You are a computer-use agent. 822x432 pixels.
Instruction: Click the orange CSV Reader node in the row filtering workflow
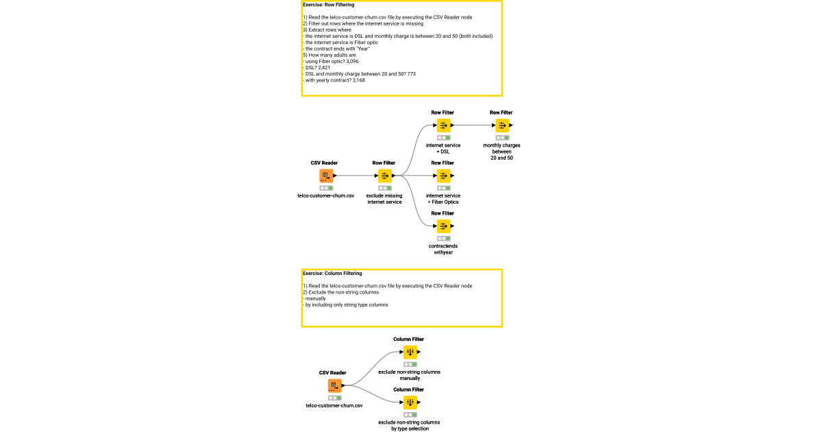[325, 176]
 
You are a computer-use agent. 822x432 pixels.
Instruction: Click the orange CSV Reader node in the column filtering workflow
[334, 385]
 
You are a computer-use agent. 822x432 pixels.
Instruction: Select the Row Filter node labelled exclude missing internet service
[384, 176]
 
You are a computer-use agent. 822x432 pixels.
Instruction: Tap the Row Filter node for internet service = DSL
[443, 125]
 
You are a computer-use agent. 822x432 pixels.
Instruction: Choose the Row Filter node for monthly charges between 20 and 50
[501, 125]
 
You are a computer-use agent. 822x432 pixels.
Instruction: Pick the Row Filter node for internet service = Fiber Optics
[443, 176]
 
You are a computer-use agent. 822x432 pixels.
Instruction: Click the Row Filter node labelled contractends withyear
[443, 226]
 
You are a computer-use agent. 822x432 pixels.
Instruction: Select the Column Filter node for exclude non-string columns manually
[409, 352]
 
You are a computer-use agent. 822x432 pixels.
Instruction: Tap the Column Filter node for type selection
[409, 402]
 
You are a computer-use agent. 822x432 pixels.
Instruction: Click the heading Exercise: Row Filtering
[329, 5]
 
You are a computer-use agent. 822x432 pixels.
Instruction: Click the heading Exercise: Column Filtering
[332, 273]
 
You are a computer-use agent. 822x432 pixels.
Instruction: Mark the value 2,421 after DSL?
[325, 68]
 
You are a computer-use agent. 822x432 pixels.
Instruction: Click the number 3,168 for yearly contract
[355, 80]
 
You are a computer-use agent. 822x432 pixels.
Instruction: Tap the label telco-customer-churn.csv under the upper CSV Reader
[325, 195]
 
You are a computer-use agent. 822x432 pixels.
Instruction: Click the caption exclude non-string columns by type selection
[409, 425]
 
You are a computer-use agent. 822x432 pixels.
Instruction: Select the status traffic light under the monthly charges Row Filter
[501, 137]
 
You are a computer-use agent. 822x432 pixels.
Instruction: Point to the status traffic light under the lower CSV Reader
[334, 397]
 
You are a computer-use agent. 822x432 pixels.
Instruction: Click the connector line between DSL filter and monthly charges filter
[475, 125]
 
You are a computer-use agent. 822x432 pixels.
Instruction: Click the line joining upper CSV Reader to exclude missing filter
[354, 176]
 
